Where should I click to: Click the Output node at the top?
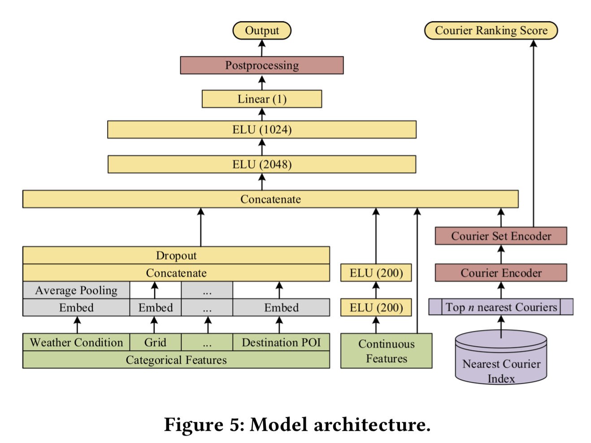(262, 30)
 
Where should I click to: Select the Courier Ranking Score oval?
(491, 30)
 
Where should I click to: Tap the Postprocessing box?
(262, 65)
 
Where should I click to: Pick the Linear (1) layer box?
(262, 99)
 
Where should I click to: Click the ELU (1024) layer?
(262, 130)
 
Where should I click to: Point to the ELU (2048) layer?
(262, 164)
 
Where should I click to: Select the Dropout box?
(176, 255)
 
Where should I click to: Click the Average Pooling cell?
(76, 290)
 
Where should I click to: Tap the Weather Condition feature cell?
(76, 342)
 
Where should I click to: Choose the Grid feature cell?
(155, 342)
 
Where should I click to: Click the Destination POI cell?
(281, 342)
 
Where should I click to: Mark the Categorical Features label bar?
(176, 360)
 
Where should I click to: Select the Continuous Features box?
(386, 351)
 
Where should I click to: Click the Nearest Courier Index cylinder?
(501, 363)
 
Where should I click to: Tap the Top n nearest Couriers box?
(501, 307)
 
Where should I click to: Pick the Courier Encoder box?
(501, 273)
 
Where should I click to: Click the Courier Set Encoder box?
(501, 236)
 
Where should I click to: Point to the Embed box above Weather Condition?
(76, 308)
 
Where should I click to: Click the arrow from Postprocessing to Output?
(262, 48)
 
